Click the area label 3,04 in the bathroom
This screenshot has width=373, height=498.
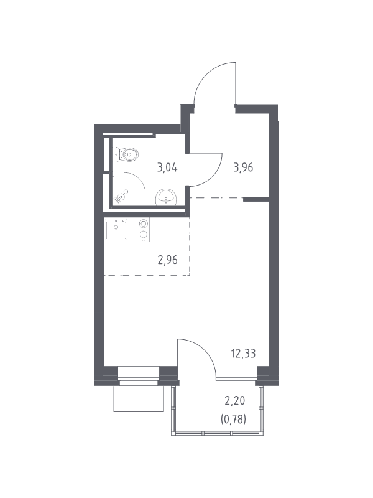[x=167, y=167]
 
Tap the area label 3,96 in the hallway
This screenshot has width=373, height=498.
[x=243, y=167]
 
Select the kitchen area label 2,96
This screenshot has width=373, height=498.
[x=167, y=260]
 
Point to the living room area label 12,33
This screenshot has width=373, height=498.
[x=244, y=353]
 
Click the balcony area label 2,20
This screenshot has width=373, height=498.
[x=235, y=401]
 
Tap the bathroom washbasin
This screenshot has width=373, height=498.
[x=165, y=197]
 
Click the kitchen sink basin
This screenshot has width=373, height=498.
[x=117, y=229]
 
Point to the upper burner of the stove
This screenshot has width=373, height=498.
[x=144, y=223]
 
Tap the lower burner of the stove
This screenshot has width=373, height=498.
[x=144, y=235]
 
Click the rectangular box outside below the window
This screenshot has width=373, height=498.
[x=139, y=398]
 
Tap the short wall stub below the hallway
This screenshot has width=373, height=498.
[x=256, y=199]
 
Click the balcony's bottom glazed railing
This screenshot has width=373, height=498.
[x=217, y=433]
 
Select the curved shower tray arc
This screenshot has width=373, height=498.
[x=139, y=179]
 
